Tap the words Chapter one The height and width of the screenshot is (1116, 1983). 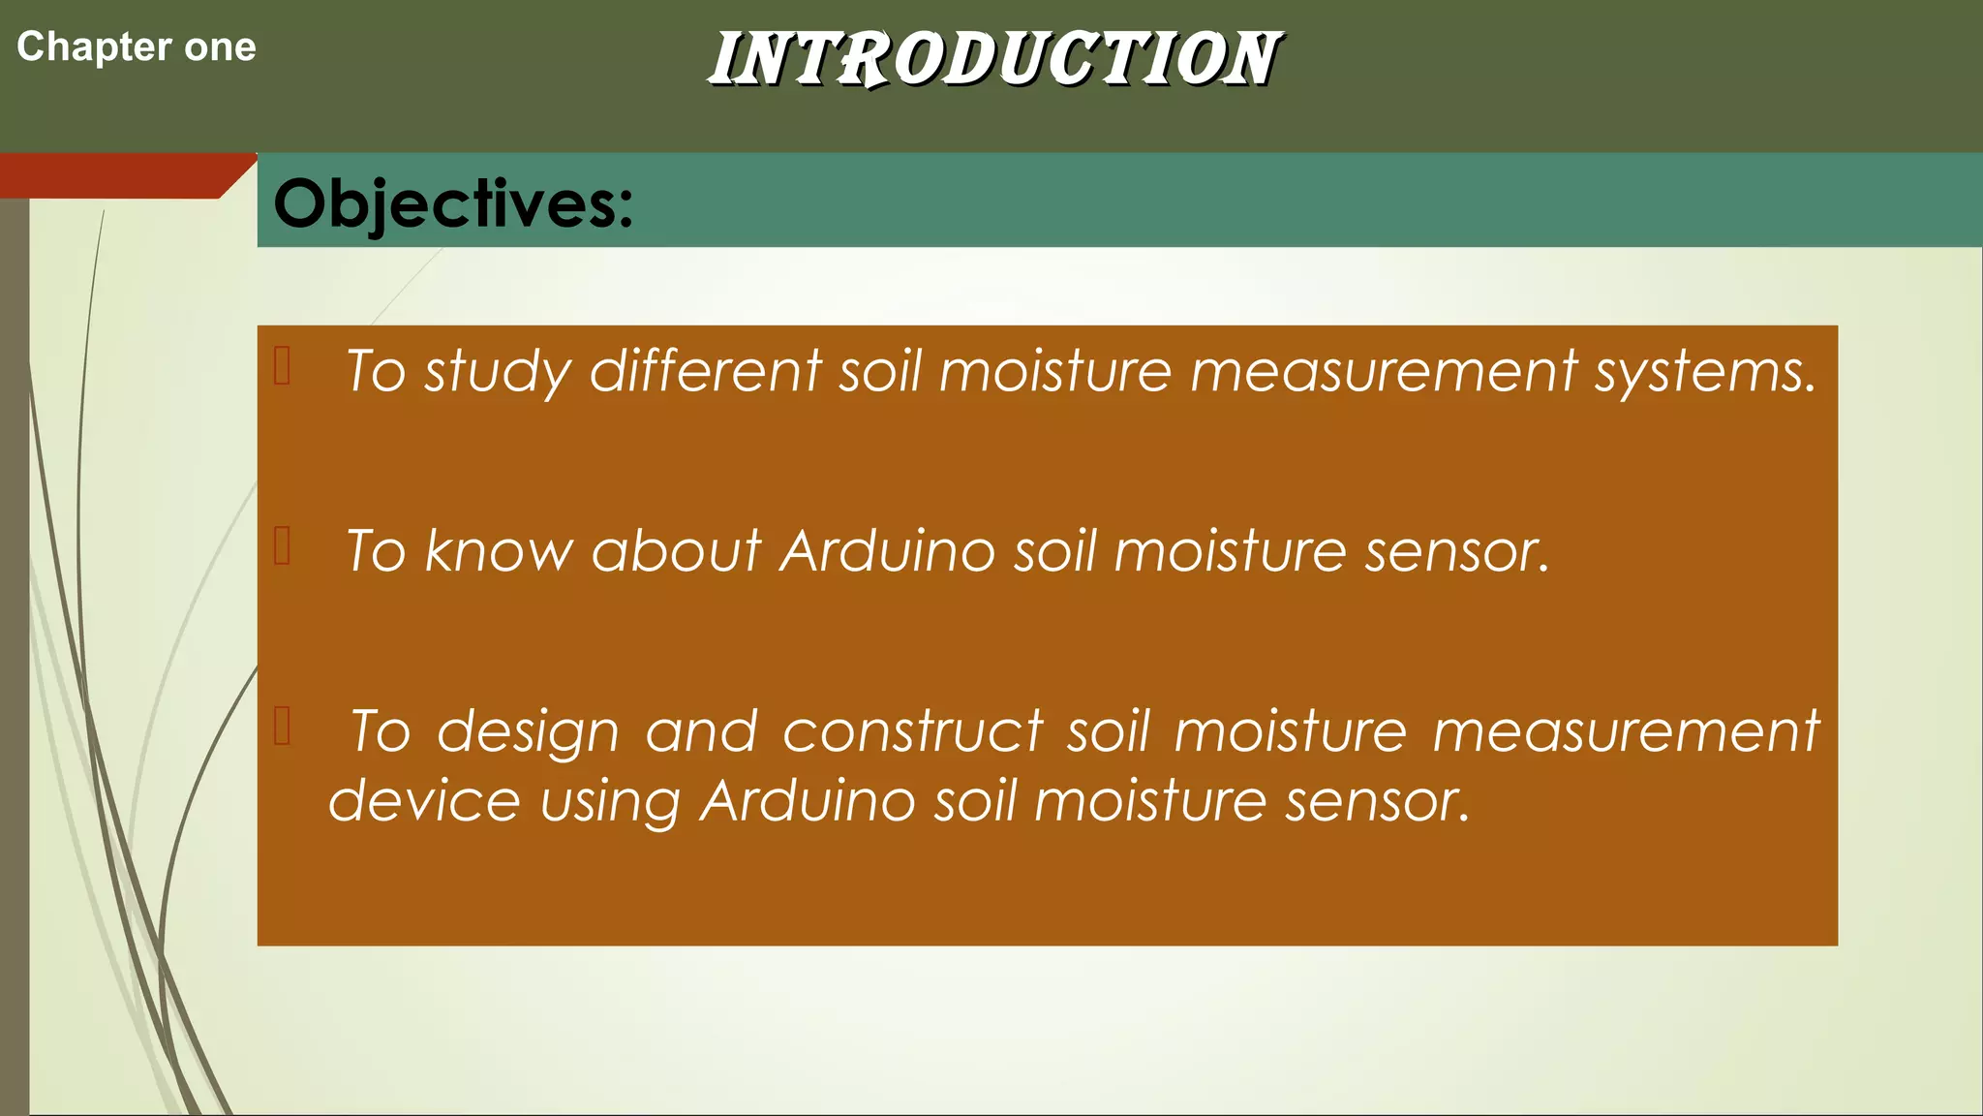[x=137, y=47]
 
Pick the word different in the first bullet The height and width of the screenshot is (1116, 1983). [x=705, y=370]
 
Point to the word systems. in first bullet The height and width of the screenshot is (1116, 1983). [x=1705, y=372]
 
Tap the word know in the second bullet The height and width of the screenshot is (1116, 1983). [x=498, y=551]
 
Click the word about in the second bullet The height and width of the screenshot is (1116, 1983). [x=676, y=551]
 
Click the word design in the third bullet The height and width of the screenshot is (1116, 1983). [x=528, y=732]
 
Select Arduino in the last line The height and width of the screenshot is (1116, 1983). [x=808, y=801]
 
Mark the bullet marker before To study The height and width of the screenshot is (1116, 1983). [x=283, y=366]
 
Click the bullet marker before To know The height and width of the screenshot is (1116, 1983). [x=283, y=545]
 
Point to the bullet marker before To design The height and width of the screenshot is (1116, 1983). [x=283, y=726]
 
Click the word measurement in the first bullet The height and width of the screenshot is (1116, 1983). [x=1384, y=370]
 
